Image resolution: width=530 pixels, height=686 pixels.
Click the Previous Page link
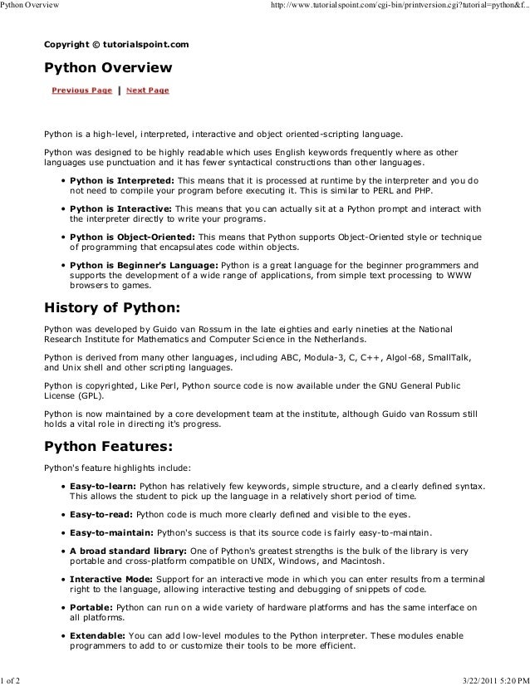pos(81,90)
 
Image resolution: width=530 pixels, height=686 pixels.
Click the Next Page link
pos(148,90)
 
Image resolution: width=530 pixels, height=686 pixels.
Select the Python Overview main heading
pos(108,66)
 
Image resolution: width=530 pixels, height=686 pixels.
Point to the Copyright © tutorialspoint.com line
pos(116,42)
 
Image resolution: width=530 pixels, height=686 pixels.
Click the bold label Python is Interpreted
pos(121,179)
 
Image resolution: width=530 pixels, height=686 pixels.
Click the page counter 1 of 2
pos(12,679)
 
